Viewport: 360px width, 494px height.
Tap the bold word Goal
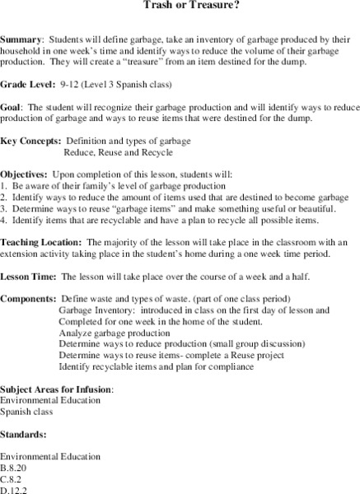pos(13,107)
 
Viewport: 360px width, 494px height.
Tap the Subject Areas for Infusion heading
pos(57,388)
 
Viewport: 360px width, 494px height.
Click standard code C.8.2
pos(12,478)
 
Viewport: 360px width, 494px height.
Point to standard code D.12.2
pos(15,490)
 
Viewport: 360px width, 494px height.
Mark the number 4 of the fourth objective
pos(3,222)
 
